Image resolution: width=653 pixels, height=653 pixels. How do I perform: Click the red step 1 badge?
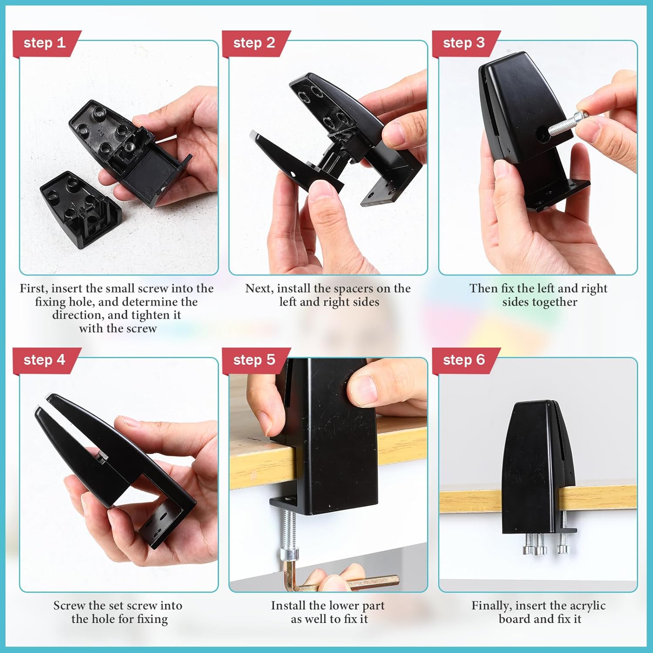tap(46, 44)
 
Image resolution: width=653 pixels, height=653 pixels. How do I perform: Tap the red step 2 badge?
tap(256, 44)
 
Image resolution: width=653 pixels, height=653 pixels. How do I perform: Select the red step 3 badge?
tap(465, 44)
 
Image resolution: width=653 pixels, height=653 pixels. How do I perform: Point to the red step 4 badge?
tap(46, 360)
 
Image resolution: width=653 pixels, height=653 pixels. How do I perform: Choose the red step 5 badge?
tap(256, 360)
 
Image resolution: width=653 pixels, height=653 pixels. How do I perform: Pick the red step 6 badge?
tap(465, 360)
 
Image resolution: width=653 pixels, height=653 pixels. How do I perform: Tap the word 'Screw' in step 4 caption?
tap(69, 606)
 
